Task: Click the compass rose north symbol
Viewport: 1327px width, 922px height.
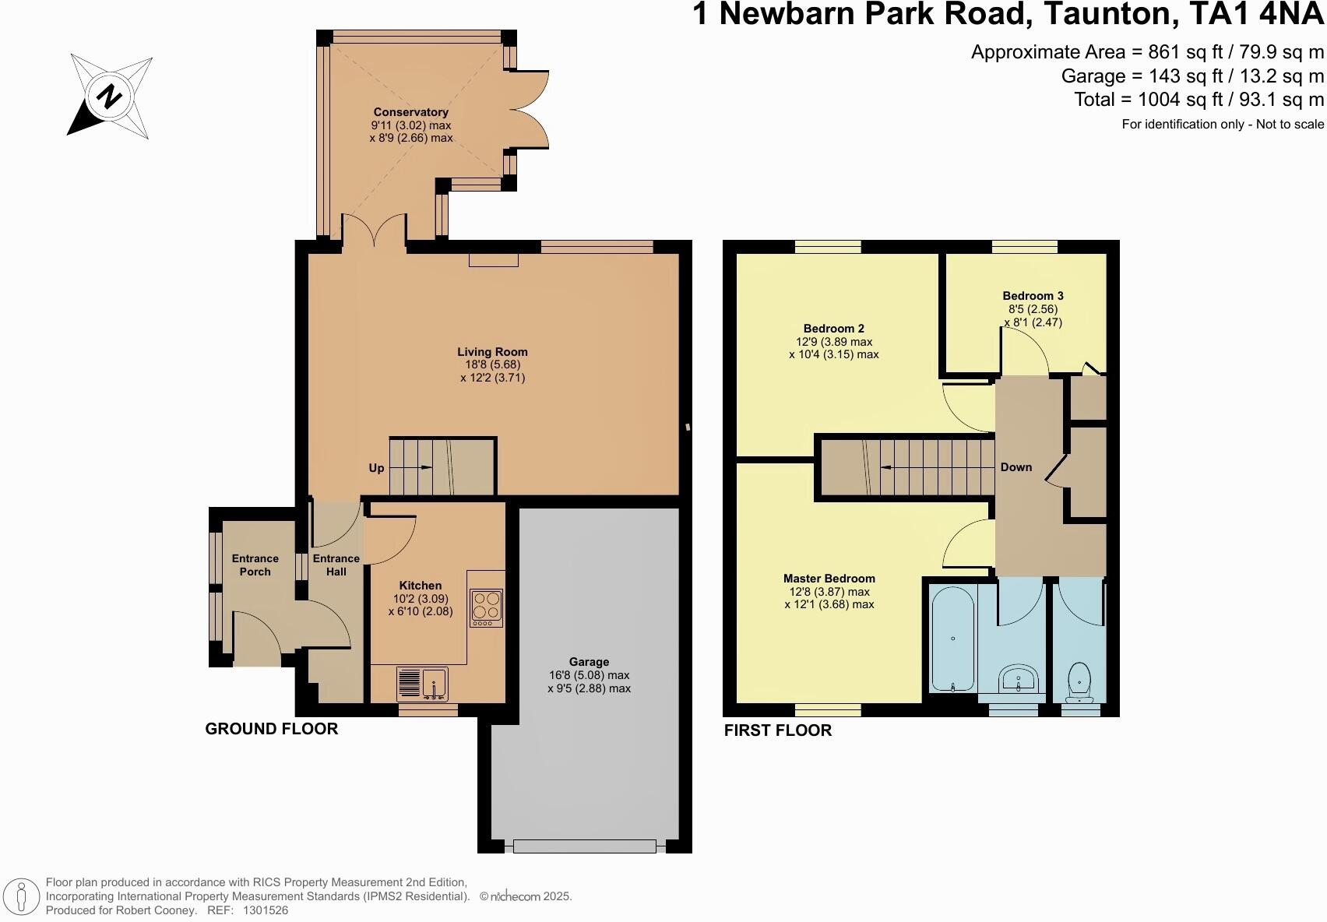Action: click(110, 97)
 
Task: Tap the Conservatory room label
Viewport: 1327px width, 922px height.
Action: click(410, 112)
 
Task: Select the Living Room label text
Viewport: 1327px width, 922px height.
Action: click(492, 352)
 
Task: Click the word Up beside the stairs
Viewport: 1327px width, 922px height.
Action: click(376, 468)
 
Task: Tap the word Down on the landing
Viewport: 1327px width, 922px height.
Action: click(1015, 467)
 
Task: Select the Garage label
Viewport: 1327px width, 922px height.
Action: click(589, 662)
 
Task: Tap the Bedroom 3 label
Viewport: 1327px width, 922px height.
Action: click(1033, 296)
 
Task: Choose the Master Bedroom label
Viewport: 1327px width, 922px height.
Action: click(829, 579)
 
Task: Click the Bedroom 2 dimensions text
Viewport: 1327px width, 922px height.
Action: click(833, 348)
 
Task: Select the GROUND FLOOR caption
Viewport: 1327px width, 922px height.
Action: click(271, 729)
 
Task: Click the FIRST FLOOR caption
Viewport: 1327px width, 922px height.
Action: click(777, 730)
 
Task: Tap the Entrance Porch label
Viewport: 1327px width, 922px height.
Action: click(255, 565)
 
